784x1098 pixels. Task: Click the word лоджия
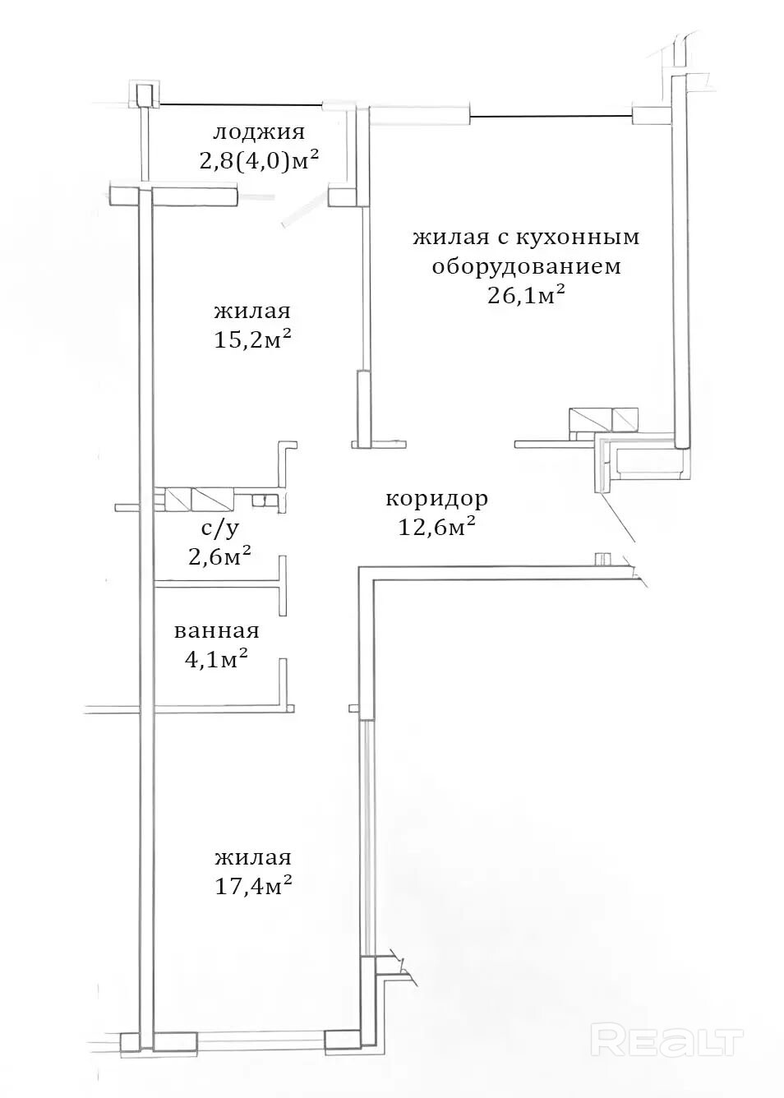[259, 133]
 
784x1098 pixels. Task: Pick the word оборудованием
[527, 267]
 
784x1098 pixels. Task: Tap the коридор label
[437, 500]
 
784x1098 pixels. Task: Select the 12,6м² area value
[437, 527]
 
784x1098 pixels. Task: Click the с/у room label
[219, 528]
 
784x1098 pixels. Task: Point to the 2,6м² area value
[220, 556]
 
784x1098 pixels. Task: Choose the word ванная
[217, 631]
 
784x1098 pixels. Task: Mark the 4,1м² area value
[215, 659]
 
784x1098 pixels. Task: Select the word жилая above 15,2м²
[252, 311]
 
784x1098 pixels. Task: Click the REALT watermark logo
[668, 1038]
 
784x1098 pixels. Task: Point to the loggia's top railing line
[241, 104]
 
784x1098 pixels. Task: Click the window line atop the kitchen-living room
[551, 116]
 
